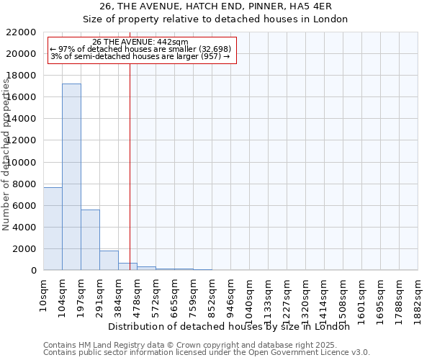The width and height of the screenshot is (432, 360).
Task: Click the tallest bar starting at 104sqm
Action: click(x=71, y=176)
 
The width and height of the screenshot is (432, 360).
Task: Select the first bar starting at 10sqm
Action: click(x=53, y=228)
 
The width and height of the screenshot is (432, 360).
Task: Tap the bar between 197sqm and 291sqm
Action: click(x=90, y=240)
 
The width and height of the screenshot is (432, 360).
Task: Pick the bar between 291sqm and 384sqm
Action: click(x=109, y=260)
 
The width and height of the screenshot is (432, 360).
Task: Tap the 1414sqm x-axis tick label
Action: click(x=325, y=294)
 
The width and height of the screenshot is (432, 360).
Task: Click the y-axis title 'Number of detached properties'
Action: click(x=7, y=166)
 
